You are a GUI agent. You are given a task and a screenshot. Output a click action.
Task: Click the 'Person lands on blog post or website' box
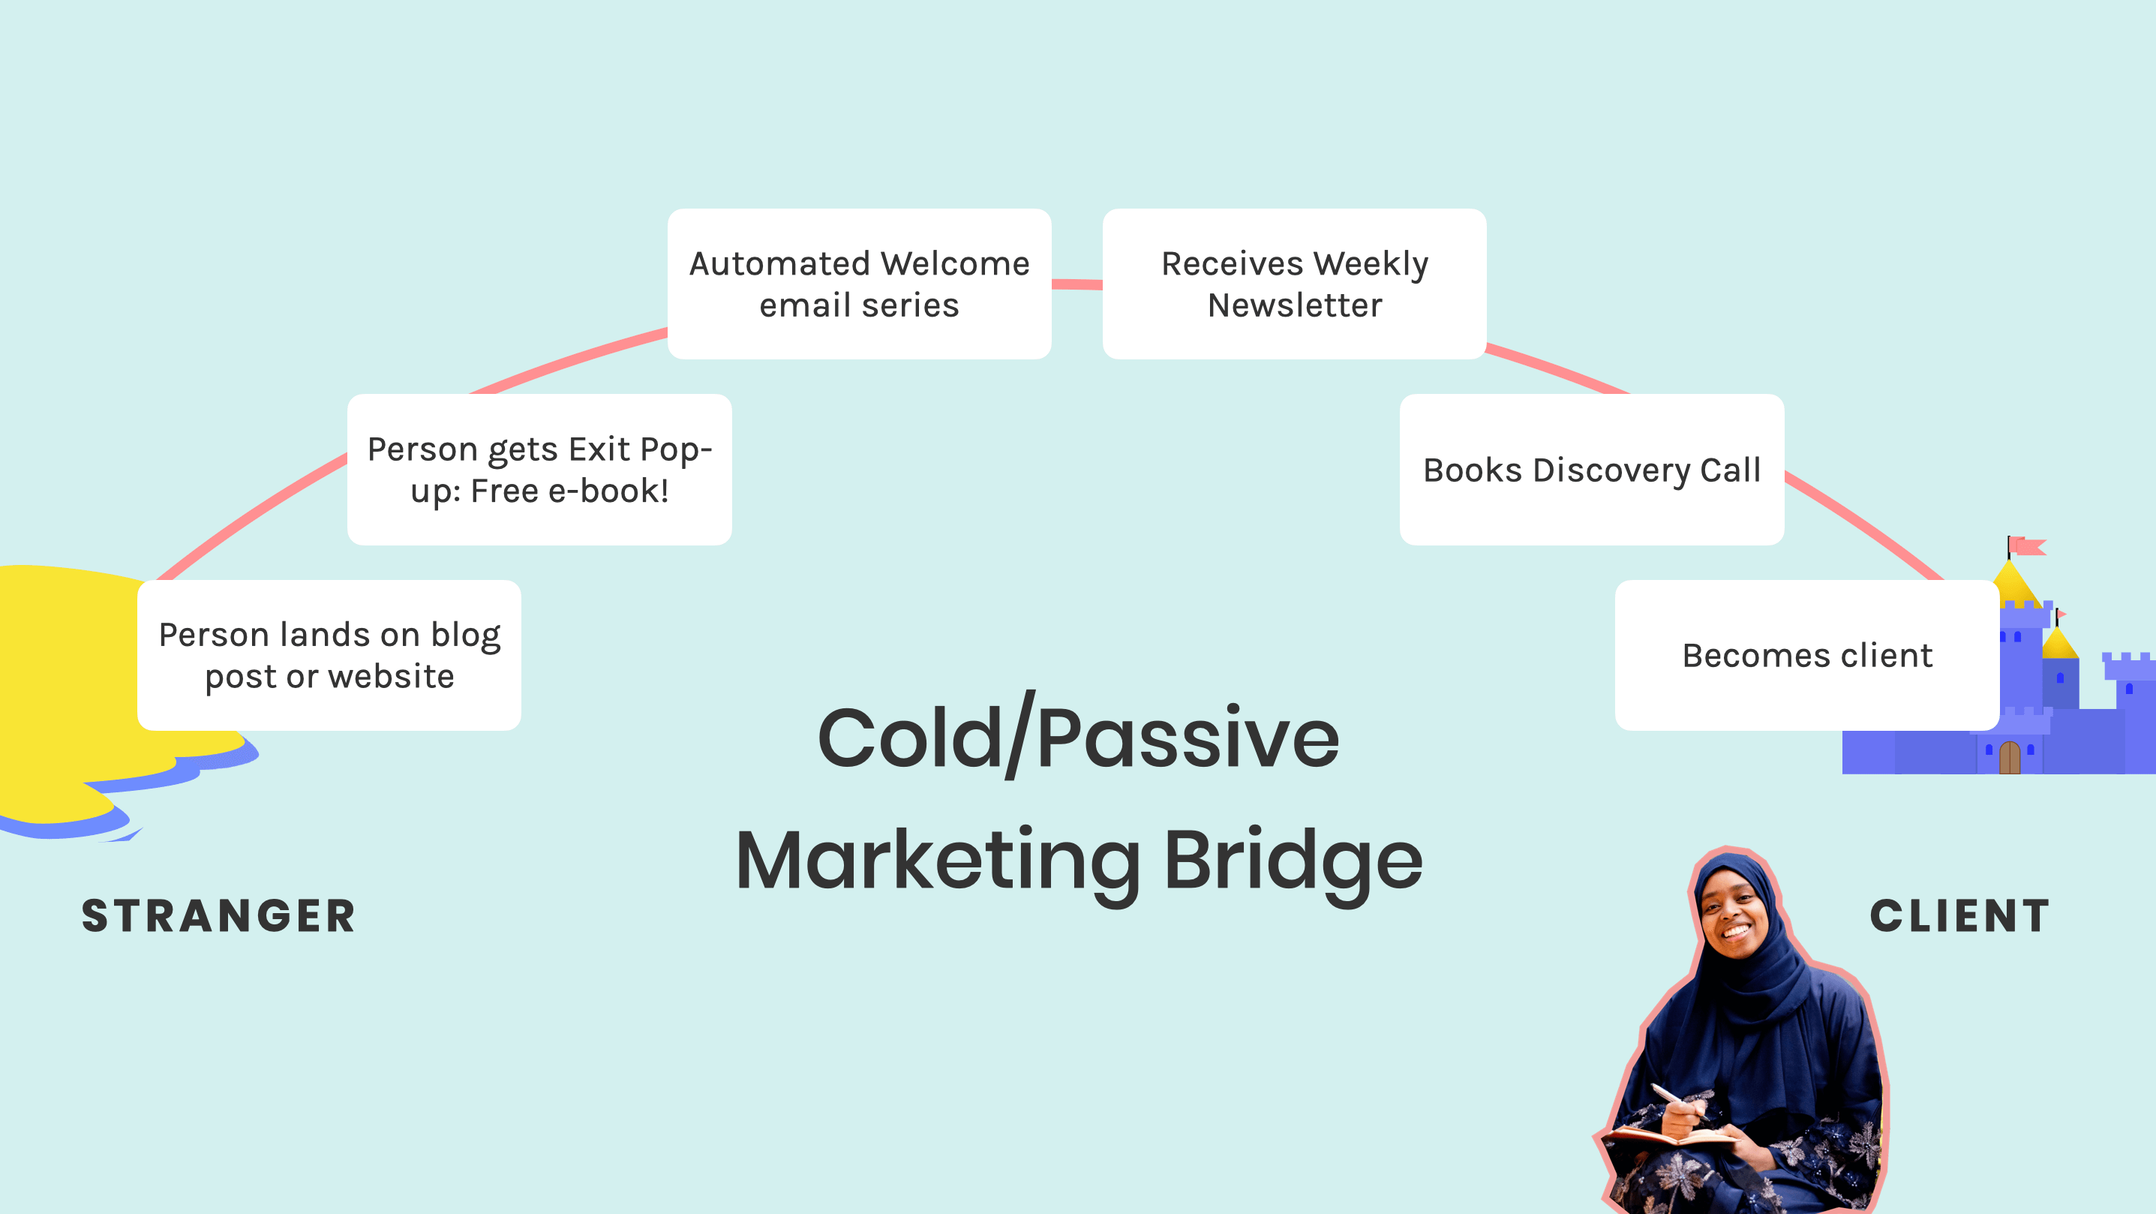click(x=329, y=656)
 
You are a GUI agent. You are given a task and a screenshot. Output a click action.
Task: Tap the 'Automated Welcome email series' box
click(x=859, y=284)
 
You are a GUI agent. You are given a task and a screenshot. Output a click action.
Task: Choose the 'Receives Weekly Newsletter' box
click(x=1294, y=284)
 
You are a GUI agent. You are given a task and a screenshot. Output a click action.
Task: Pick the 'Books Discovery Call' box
click(x=1591, y=470)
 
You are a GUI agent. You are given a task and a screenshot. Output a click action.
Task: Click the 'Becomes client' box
click(x=1806, y=656)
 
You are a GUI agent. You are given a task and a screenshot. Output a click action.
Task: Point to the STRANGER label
click(x=218, y=915)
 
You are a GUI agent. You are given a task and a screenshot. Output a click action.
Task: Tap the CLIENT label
click(x=1960, y=915)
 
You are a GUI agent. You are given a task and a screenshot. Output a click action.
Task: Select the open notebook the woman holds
click(x=1674, y=1136)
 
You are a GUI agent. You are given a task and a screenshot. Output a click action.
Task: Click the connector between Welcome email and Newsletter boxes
click(x=1076, y=284)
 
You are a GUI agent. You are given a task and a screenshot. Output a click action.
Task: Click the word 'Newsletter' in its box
click(x=1294, y=305)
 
